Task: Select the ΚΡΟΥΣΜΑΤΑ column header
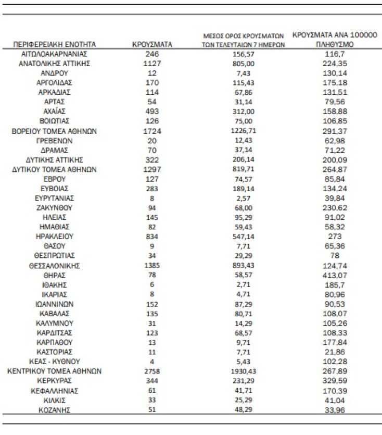(152, 45)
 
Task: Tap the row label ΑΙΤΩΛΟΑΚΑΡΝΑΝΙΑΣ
(54, 54)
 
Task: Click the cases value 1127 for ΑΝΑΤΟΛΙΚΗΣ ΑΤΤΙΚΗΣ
(152, 63)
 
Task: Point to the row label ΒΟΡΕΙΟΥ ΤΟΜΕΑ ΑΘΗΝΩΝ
(54, 131)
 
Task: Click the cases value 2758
(152, 371)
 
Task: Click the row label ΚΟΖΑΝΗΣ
(54, 410)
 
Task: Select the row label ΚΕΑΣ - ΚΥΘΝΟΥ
(54, 362)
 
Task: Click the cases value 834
(152, 237)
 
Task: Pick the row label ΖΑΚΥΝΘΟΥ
(54, 208)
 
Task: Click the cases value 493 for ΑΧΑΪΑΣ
(152, 111)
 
